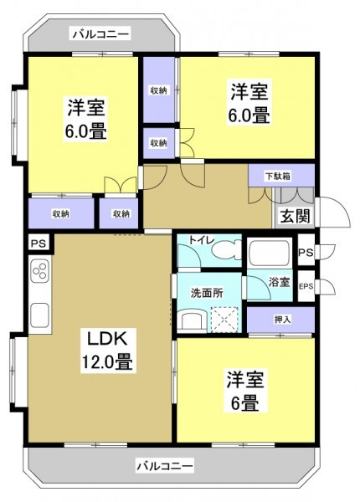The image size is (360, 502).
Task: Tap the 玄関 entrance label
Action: coord(293,216)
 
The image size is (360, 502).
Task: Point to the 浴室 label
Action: coord(279,283)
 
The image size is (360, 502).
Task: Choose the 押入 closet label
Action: coord(282,319)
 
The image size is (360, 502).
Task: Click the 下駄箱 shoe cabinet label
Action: coord(278,176)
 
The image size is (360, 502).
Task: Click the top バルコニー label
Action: coord(100,34)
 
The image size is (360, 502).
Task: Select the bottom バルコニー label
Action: coord(164,464)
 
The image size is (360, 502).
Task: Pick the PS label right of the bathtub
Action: coord(306,251)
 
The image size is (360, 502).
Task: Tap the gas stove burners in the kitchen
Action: coord(39,270)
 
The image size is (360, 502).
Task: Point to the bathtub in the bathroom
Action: coord(269,253)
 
